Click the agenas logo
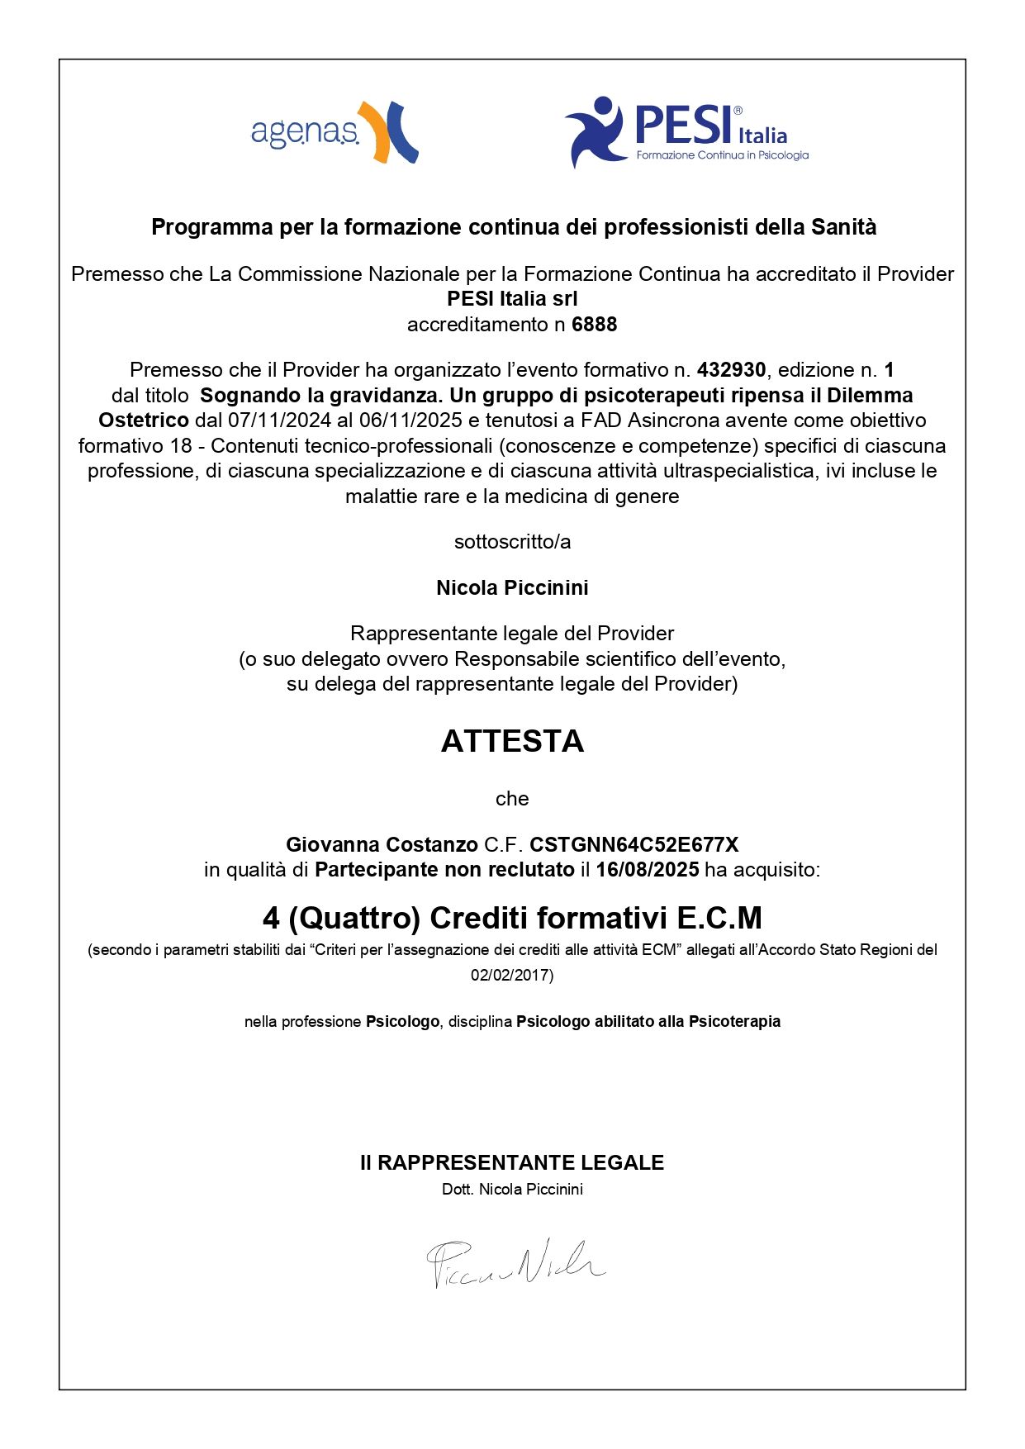click(334, 132)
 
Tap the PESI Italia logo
click(686, 132)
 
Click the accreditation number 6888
click(594, 325)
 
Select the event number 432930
click(731, 370)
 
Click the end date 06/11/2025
click(410, 420)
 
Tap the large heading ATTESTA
click(512, 741)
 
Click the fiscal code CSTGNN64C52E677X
click(634, 845)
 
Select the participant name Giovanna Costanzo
click(382, 845)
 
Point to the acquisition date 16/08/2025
click(648, 870)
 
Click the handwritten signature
click(515, 1262)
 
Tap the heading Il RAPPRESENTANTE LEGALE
click(512, 1163)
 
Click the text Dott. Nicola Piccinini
click(512, 1190)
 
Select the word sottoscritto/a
click(512, 542)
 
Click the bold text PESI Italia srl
click(512, 299)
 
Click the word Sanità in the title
click(843, 227)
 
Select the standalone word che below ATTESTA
click(512, 799)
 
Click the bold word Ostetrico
click(144, 420)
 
